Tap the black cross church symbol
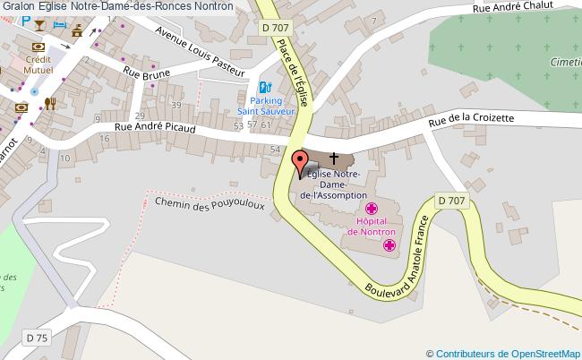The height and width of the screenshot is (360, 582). click(334, 158)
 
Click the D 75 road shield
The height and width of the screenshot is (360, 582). click(36, 338)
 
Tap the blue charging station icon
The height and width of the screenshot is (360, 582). click(264, 88)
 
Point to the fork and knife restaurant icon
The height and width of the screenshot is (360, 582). click(50, 103)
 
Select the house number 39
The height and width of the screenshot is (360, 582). click(176, 106)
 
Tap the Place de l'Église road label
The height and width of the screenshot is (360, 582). click(293, 72)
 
